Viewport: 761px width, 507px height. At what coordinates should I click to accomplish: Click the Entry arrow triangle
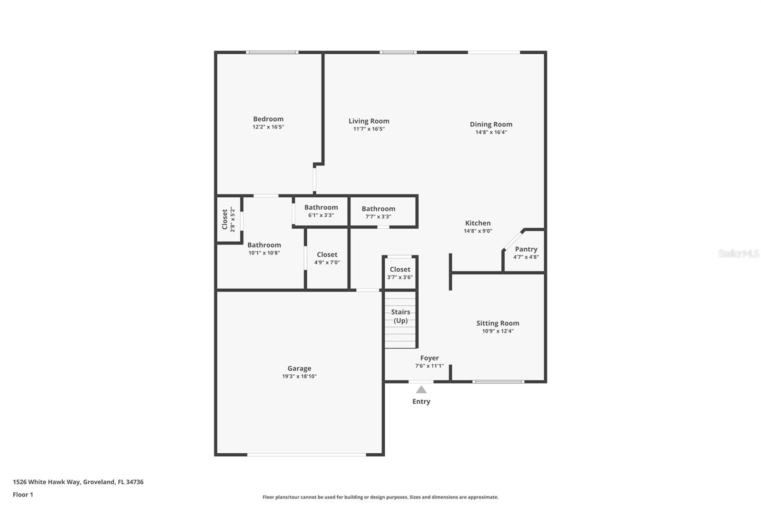click(421, 390)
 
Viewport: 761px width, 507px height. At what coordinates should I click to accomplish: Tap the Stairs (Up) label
click(400, 316)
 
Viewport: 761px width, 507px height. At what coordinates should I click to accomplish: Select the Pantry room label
click(526, 249)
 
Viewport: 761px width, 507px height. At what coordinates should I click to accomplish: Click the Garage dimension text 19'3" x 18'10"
click(299, 376)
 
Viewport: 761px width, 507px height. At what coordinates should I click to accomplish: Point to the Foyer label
click(429, 358)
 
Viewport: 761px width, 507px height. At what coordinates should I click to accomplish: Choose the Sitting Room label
click(498, 323)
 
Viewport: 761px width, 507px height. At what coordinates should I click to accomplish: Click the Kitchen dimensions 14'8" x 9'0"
click(478, 231)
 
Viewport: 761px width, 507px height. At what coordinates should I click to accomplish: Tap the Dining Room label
click(491, 124)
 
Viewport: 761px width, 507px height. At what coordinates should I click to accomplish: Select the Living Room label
click(369, 121)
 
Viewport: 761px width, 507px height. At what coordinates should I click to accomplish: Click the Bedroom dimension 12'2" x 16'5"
click(268, 127)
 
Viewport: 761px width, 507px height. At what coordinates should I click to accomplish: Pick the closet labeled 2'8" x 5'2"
click(228, 219)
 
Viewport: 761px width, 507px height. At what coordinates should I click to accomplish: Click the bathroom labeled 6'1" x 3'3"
click(321, 211)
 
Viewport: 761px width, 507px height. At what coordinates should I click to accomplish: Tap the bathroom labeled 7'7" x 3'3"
click(378, 213)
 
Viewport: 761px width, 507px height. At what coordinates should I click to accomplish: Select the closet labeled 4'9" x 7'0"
click(327, 258)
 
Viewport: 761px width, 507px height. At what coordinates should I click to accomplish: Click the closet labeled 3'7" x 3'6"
click(400, 273)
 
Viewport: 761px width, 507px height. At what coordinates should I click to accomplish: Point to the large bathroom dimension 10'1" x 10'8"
click(264, 253)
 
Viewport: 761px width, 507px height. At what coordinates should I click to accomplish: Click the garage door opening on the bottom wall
click(307, 455)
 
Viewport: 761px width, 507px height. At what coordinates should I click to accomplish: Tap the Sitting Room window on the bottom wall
click(498, 381)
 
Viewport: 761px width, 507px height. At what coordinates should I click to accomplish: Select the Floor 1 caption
click(23, 495)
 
